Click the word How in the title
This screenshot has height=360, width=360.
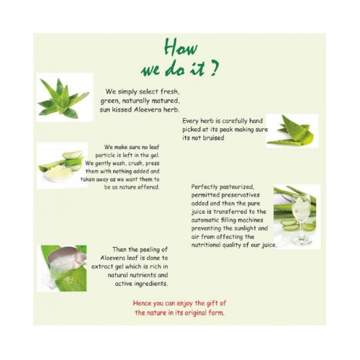[181, 48]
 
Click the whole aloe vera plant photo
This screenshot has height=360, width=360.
[65, 97]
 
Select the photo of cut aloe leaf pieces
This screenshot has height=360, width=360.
[292, 131]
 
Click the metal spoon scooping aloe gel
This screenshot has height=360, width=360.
[67, 257]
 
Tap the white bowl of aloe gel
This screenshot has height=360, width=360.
[58, 174]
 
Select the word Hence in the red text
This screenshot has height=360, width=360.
[142, 303]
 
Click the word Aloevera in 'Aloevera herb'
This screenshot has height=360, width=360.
[148, 109]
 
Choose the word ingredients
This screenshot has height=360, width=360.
[151, 284]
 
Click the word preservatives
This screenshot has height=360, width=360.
[240, 195]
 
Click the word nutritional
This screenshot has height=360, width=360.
[206, 245]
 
